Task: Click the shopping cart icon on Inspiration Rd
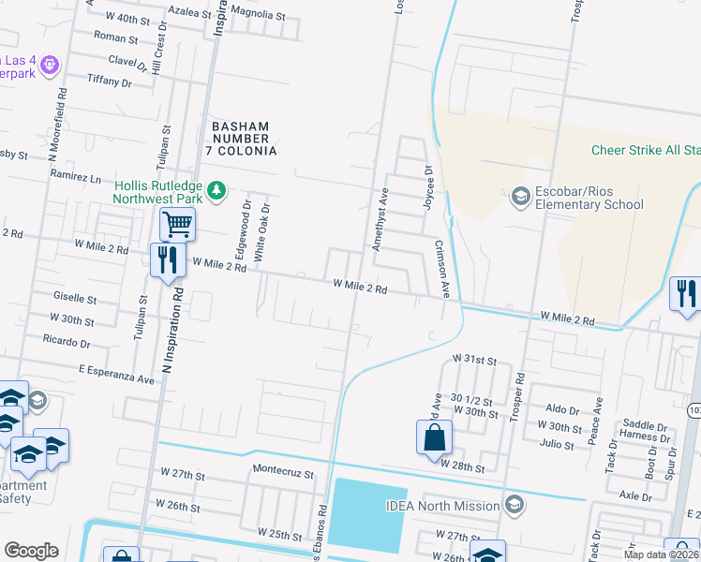tap(177, 224)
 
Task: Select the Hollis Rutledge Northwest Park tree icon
tap(216, 191)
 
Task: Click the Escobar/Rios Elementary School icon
tap(520, 197)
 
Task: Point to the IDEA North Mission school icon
tap(513, 506)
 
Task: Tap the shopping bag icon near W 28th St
tap(434, 436)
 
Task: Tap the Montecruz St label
tap(282, 474)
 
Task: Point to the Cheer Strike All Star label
tap(646, 150)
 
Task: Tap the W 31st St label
tap(473, 359)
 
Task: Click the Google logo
tap(31, 550)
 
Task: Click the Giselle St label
tap(77, 300)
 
